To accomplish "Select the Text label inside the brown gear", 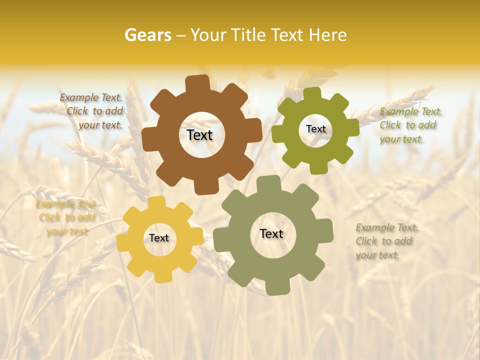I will (x=199, y=135).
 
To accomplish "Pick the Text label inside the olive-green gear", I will (x=315, y=129).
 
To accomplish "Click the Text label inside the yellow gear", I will (x=159, y=238).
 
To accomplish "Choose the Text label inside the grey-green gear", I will (x=271, y=233).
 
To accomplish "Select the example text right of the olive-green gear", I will (x=410, y=125).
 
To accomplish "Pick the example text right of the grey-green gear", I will (x=386, y=241).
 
